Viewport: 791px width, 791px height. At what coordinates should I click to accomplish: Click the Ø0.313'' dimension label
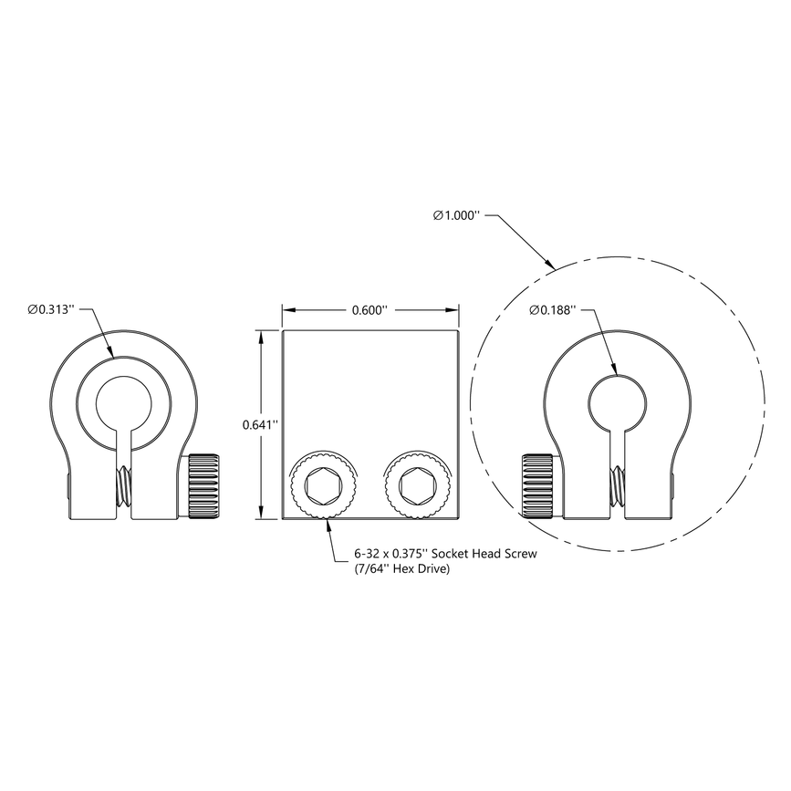[x=56, y=310]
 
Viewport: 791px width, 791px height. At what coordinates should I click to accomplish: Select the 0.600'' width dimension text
[x=369, y=310]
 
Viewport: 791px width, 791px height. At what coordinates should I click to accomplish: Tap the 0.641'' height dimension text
[x=260, y=424]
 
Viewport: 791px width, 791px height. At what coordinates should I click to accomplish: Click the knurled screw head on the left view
[x=203, y=484]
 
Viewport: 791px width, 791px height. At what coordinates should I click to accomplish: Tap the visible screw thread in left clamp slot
[x=124, y=487]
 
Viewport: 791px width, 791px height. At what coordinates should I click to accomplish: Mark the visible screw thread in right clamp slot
[x=619, y=485]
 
